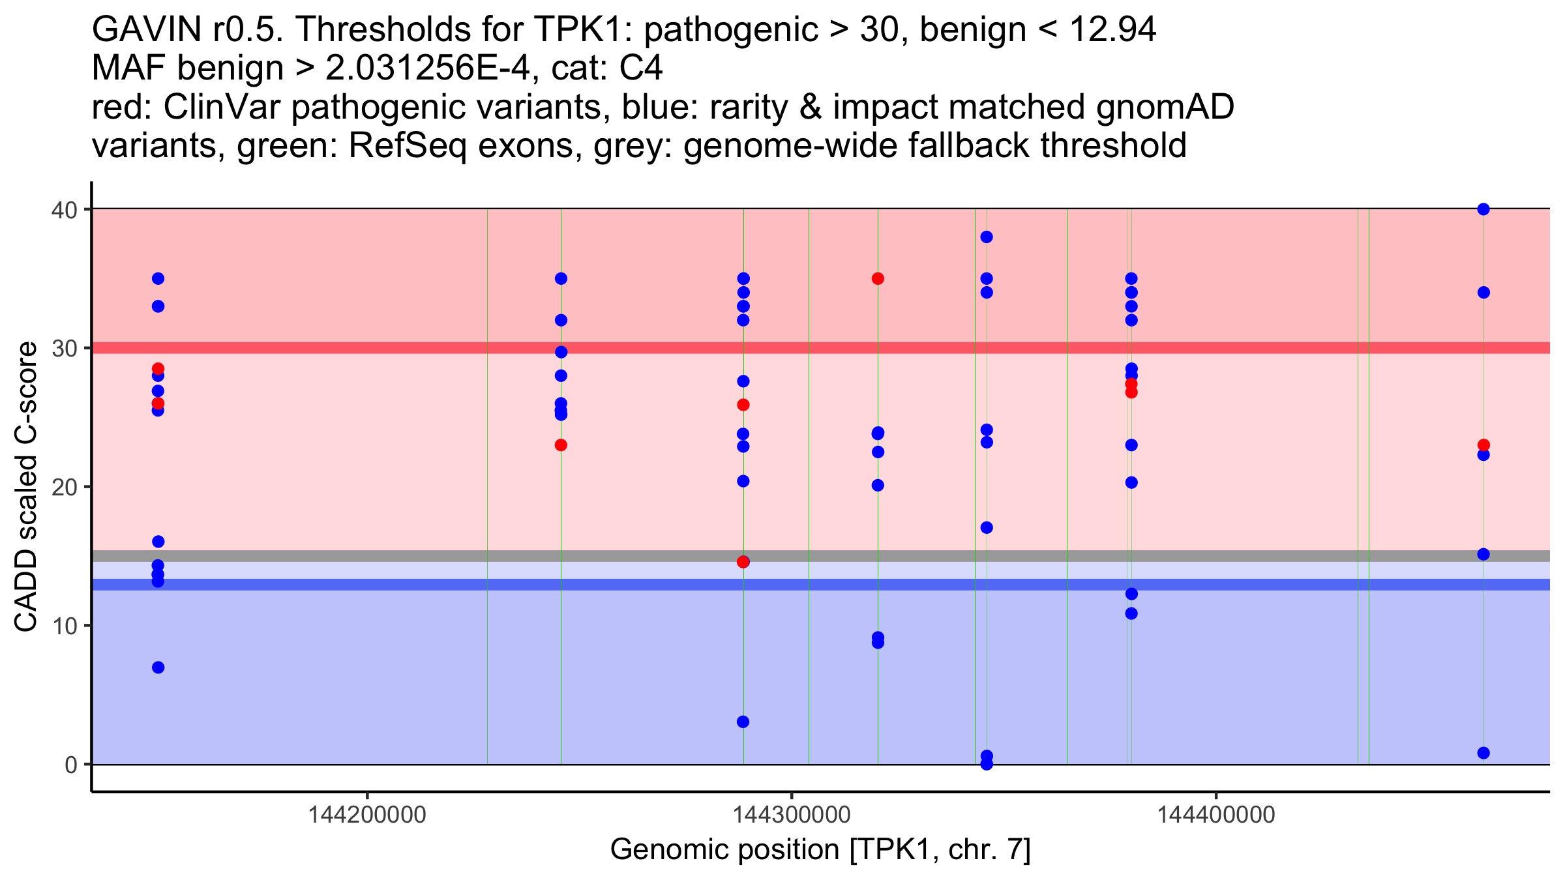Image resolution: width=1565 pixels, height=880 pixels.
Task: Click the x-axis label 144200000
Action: [x=367, y=815]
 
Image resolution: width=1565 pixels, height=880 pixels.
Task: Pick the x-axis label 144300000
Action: [x=792, y=815]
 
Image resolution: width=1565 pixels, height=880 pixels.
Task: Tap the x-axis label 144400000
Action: [x=1216, y=815]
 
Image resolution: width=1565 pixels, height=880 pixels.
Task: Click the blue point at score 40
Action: [x=1483, y=209]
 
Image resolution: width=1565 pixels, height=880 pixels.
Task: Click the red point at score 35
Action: [x=878, y=279]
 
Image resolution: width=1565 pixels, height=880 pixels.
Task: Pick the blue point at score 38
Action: [x=987, y=237]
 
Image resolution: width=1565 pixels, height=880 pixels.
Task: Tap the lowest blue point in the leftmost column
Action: [x=158, y=667]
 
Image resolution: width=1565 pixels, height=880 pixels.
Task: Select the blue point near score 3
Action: [x=743, y=722]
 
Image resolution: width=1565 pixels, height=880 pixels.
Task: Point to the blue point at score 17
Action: [x=987, y=527]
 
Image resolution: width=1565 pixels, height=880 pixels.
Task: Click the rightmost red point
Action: [x=1483, y=445]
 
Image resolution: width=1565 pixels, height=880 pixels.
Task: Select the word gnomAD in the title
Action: [x=1165, y=108]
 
